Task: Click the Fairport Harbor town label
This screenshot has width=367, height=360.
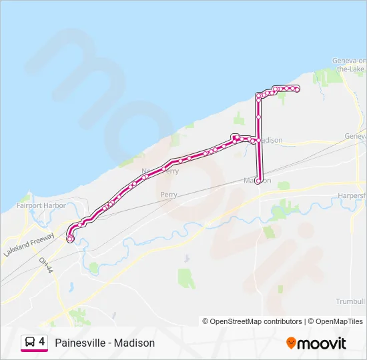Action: point(41,205)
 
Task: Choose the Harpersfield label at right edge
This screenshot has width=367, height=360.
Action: point(351,195)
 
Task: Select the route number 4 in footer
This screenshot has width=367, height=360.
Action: point(42,342)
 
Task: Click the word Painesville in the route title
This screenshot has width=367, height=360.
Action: point(79,343)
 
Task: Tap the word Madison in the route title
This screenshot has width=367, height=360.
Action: point(134,343)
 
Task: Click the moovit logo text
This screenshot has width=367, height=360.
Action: point(322,343)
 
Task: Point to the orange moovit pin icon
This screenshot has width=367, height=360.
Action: point(291,343)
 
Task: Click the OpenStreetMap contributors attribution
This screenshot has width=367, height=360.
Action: point(256,321)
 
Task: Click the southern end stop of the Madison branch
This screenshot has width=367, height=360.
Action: point(258,180)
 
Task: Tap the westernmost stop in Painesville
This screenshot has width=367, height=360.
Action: point(70,237)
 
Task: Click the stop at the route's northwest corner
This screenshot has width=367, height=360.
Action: point(258,97)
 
